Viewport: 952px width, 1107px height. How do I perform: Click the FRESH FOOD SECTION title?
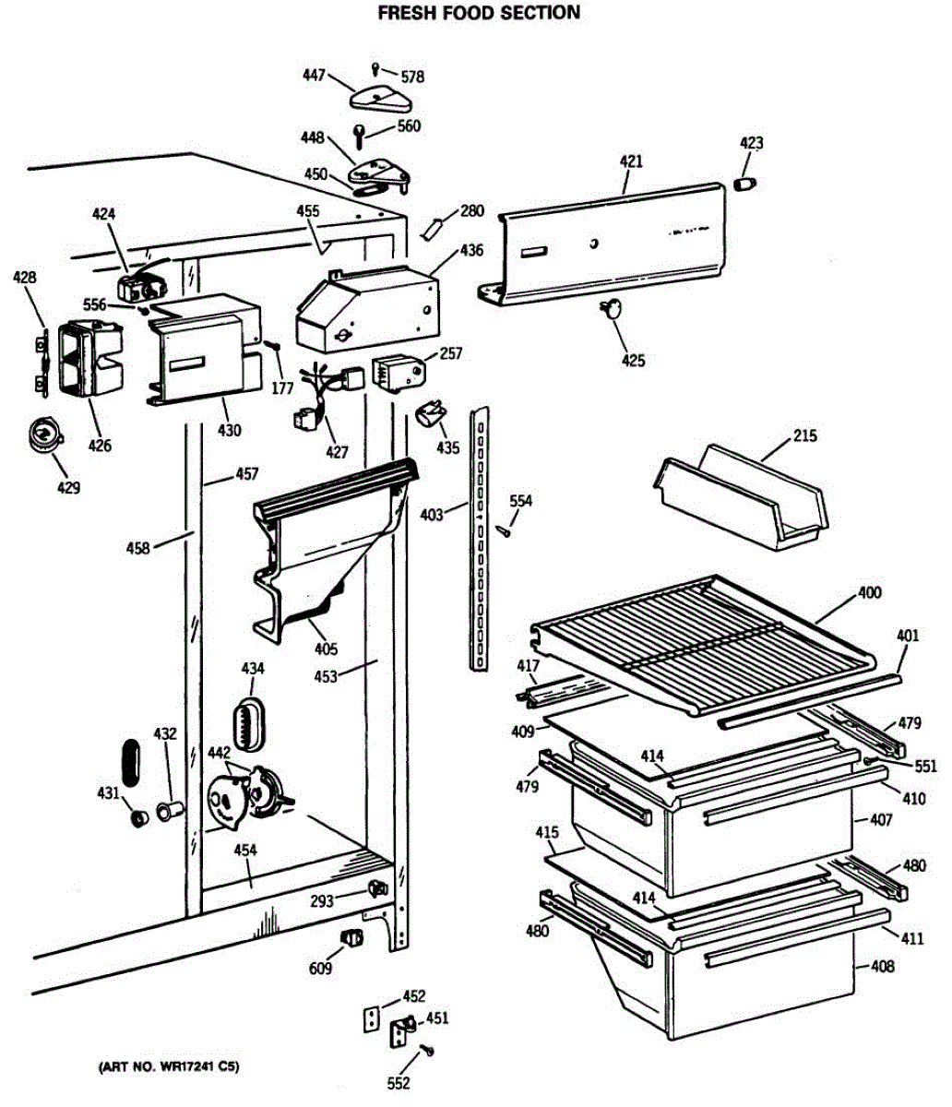click(x=479, y=13)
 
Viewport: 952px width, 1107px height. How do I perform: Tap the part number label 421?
click(x=631, y=161)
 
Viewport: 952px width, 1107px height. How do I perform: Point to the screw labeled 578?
click(x=376, y=67)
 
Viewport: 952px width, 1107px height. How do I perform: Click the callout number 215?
click(x=804, y=435)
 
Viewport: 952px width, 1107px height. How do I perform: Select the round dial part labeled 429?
click(x=42, y=432)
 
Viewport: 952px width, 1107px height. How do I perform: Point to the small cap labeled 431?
click(x=138, y=818)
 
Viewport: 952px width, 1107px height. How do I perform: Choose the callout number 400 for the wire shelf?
click(x=869, y=592)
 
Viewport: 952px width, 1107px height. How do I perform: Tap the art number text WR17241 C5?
click(x=170, y=1068)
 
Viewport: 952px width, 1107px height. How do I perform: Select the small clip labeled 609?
click(x=351, y=938)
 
